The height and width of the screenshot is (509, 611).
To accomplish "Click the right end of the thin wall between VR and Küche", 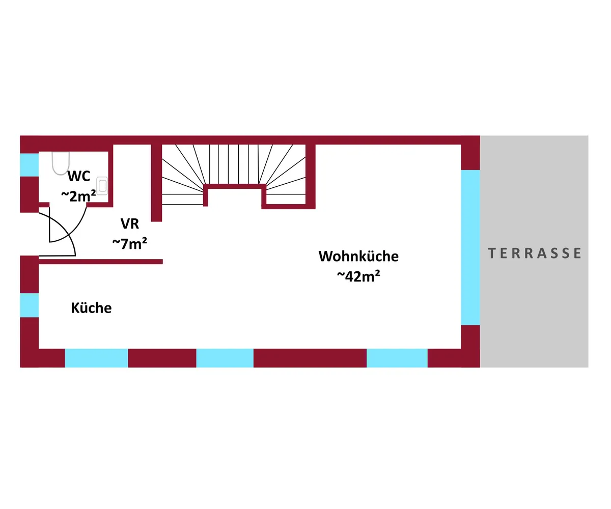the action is [x=162, y=262].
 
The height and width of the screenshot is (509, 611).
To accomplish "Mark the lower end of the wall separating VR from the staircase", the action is [x=156, y=221].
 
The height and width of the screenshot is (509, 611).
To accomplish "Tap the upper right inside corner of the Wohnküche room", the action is [x=461, y=145].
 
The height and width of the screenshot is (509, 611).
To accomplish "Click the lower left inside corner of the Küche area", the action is [x=39, y=348].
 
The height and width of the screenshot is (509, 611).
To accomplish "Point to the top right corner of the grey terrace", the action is [x=588, y=136].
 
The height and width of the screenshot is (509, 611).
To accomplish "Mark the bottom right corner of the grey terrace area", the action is [x=588, y=367].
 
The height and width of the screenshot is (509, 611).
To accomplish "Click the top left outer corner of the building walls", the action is [x=20, y=136].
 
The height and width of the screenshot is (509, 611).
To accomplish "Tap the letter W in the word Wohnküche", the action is [x=325, y=256].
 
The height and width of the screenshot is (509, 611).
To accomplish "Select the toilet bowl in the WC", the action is [x=61, y=163].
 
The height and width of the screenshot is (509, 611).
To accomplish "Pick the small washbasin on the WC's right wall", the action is [x=102, y=186].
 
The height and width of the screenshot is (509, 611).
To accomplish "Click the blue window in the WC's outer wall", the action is [x=29, y=165].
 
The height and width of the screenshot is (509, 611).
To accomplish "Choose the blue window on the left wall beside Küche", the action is [x=29, y=305].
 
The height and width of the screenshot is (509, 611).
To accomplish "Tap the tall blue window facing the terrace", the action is [x=470, y=247].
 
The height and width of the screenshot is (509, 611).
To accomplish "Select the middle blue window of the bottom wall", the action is [x=225, y=358].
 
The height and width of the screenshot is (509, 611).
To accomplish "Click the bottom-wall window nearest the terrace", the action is [x=397, y=358].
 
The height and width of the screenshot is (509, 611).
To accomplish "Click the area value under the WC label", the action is [x=78, y=195].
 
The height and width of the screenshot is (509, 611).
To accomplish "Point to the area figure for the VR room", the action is [x=130, y=243].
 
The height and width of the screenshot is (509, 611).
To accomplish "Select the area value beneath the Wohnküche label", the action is [x=358, y=276].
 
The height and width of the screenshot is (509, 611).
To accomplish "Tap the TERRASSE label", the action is [x=534, y=253].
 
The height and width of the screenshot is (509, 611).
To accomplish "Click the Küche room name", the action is [x=91, y=308].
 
